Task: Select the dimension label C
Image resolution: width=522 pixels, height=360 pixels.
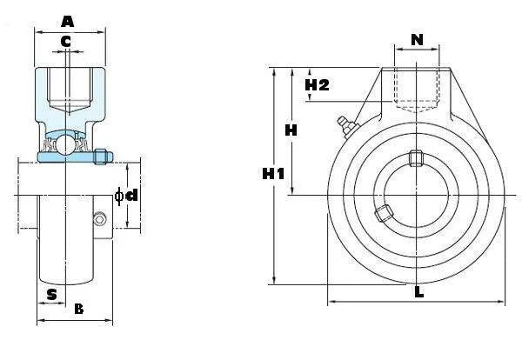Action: click(x=66, y=41)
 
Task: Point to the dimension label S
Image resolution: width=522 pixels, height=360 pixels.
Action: click(x=52, y=294)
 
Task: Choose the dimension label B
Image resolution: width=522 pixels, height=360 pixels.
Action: click(x=78, y=309)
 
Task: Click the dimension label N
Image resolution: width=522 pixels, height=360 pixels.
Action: click(x=417, y=39)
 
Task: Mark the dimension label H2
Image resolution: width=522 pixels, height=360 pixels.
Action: click(x=318, y=84)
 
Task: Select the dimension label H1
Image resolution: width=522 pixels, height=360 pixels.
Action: click(x=274, y=174)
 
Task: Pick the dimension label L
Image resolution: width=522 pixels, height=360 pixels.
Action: click(x=418, y=292)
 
